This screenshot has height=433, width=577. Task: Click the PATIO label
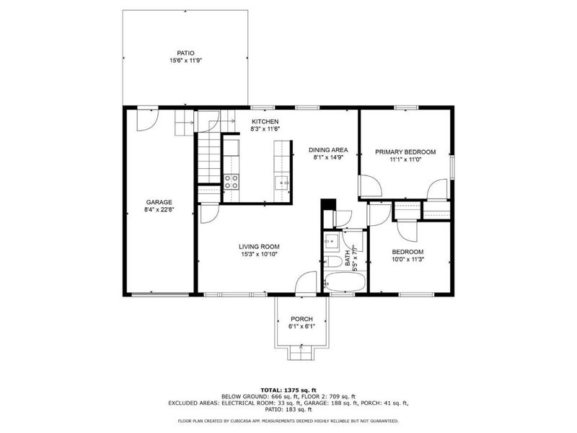tap(185, 53)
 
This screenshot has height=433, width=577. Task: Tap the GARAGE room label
tap(159, 202)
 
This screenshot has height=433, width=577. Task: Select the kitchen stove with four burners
tap(232, 181)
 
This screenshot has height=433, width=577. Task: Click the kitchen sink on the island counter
tap(281, 182)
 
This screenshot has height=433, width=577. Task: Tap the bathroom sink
tap(332, 241)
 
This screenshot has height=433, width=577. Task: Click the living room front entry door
tap(307, 283)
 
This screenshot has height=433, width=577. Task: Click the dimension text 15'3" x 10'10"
tap(259, 254)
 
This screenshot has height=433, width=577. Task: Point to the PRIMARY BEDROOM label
tap(405, 152)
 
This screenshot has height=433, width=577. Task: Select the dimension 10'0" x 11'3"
tap(408, 260)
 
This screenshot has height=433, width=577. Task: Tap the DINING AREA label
tap(328, 149)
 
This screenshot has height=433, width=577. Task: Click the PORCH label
tap(301, 318)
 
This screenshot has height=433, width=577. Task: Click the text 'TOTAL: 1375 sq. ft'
tap(288, 389)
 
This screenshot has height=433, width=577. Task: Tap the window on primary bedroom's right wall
tap(452, 165)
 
